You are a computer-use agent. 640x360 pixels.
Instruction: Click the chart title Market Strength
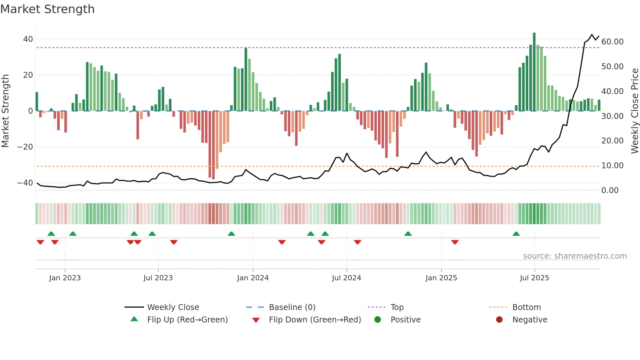point(47,9)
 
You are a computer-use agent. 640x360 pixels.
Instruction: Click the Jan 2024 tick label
point(253,278)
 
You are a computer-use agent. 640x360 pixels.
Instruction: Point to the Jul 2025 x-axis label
point(534,278)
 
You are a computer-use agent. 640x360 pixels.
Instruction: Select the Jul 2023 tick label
point(158,278)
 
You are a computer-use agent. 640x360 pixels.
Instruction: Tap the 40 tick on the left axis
point(28,39)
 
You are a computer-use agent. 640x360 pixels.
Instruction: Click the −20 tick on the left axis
point(25,147)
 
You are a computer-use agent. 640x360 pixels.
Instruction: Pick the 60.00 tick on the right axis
point(612,42)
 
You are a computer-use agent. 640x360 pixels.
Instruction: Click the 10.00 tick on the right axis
point(612,166)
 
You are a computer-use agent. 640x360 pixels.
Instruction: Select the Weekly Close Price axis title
point(634,111)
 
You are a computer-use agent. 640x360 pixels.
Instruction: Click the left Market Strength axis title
point(5,111)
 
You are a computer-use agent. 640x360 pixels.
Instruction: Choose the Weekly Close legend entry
point(173,307)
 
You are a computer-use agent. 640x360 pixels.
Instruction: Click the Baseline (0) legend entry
point(292,307)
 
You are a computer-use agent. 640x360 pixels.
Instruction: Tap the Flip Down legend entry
point(314,320)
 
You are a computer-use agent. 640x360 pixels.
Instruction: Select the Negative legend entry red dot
point(499,320)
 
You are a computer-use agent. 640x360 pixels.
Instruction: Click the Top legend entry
point(397,307)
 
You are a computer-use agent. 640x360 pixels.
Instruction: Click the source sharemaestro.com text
point(575,256)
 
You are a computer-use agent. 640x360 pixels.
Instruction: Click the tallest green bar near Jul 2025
point(534,72)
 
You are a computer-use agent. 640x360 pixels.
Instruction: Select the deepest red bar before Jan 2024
point(213,145)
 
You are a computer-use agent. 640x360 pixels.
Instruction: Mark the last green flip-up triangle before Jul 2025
point(516,234)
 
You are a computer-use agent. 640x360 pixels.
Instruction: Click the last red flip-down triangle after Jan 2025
point(455,242)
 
